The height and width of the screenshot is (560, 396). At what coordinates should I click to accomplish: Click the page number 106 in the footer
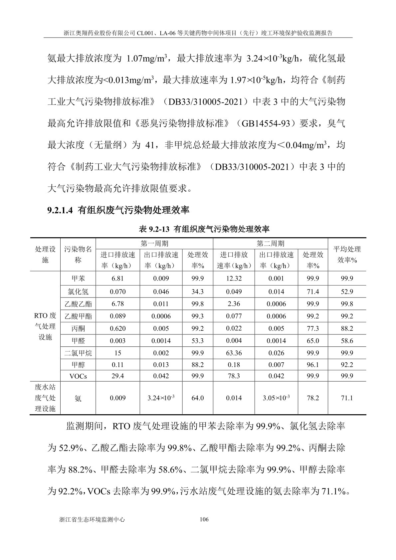pyautogui.click(x=204, y=519)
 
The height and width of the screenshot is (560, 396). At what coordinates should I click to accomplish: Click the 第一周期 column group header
pyautogui.click(x=154, y=243)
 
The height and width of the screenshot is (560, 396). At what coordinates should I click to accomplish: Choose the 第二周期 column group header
pyautogui.click(x=270, y=243)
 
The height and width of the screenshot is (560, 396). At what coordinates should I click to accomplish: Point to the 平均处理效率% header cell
pyautogui.click(x=347, y=255)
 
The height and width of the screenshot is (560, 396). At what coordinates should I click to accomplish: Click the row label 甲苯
pyautogui.click(x=78, y=278)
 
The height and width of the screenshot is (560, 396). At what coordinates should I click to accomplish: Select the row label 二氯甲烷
pyautogui.click(x=78, y=353)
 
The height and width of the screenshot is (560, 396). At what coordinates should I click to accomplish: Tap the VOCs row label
pyautogui.click(x=78, y=376)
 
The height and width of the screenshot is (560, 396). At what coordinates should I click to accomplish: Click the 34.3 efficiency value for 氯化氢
pyautogui.click(x=197, y=292)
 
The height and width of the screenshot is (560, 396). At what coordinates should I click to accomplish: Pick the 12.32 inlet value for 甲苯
pyautogui.click(x=234, y=278)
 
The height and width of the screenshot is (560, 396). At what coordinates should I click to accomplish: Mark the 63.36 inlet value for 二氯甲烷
pyautogui.click(x=234, y=353)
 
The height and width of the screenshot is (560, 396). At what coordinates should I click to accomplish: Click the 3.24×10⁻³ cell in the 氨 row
pyautogui.click(x=161, y=398)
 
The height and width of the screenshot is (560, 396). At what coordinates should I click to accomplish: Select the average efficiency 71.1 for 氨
pyautogui.click(x=347, y=398)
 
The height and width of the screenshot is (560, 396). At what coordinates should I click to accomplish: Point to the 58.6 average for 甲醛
pyautogui.click(x=347, y=341)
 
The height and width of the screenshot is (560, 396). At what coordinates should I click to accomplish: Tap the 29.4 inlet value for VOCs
pyautogui.click(x=117, y=376)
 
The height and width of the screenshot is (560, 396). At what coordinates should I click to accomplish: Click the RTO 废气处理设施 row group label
pyautogui.click(x=45, y=326)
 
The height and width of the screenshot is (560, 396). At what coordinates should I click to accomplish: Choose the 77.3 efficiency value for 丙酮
pyautogui.click(x=312, y=328)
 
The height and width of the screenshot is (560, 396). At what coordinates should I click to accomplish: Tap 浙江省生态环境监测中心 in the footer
pyautogui.click(x=92, y=519)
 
